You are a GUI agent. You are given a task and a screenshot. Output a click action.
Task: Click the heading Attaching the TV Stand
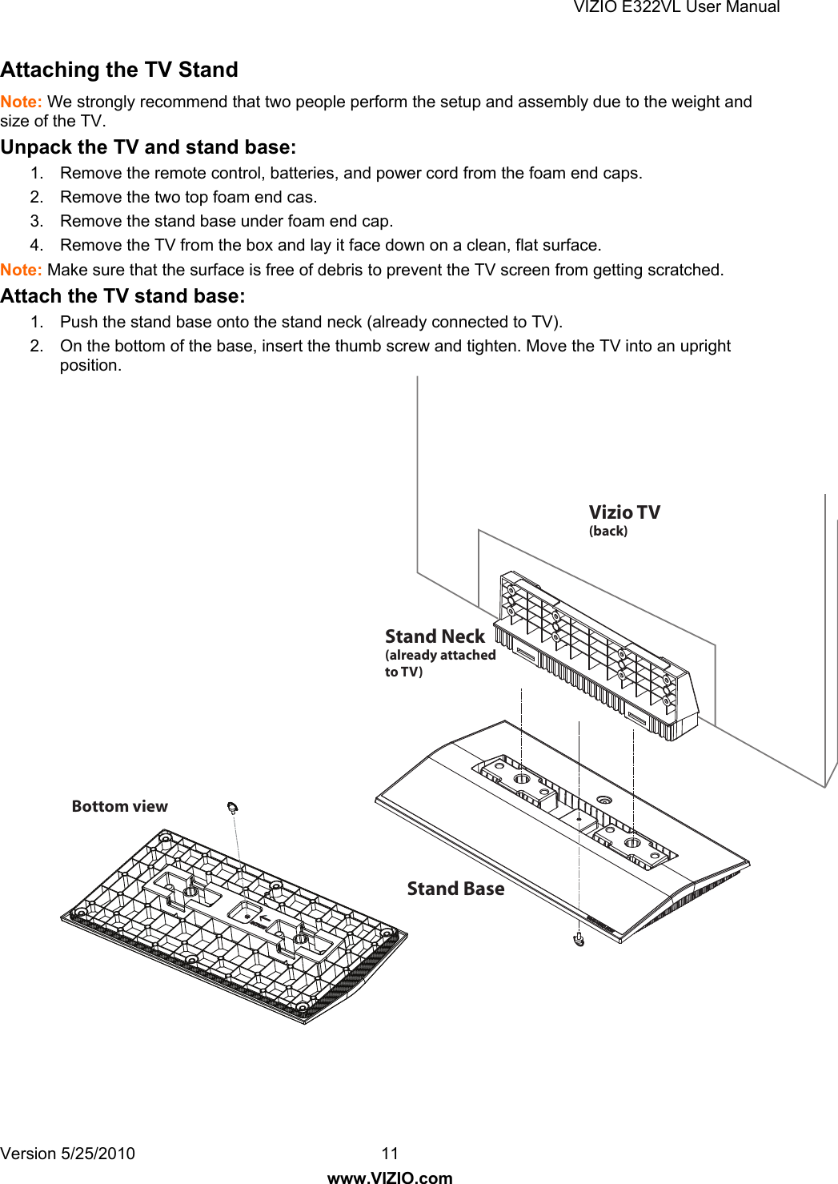point(119,70)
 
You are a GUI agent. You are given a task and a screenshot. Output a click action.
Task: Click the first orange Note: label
point(21,102)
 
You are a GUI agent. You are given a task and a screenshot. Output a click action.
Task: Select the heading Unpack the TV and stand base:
point(148,147)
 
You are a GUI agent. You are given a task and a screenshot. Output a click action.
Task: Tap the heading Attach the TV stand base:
point(122,296)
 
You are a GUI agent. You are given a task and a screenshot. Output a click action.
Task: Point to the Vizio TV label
point(624,512)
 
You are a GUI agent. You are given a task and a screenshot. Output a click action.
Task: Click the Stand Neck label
point(435,636)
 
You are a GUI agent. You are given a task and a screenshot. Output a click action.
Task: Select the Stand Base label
point(455,889)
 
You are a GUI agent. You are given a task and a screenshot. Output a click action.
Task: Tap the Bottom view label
point(120,806)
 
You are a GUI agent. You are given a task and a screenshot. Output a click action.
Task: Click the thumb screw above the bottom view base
point(233,807)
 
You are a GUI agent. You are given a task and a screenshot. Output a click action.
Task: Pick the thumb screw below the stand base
point(579,939)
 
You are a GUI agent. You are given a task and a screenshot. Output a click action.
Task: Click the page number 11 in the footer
point(390,1154)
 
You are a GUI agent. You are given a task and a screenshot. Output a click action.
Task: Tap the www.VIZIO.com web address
point(390,1177)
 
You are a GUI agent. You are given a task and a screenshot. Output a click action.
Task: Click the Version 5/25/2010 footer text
point(67,1154)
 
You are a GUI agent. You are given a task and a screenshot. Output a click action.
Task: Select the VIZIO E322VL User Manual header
point(676,7)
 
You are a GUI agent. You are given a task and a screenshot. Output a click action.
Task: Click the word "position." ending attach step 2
point(90,365)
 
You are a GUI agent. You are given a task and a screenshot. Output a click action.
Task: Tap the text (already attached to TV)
point(439,663)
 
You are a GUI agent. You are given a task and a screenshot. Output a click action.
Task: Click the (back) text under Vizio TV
point(608,531)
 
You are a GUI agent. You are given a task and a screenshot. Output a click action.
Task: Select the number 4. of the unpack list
point(37,245)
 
